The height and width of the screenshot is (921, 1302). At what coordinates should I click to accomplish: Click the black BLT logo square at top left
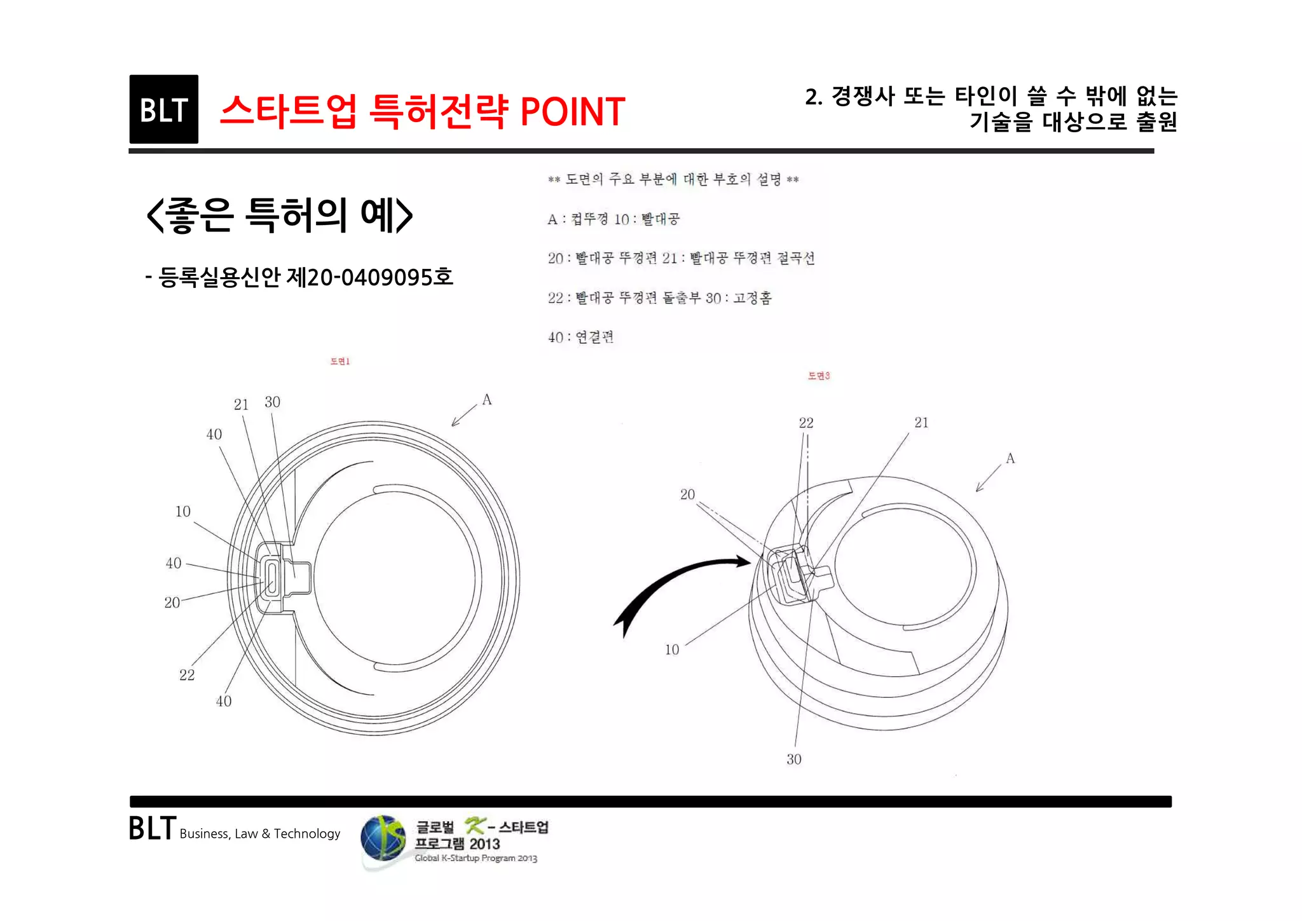pos(163,109)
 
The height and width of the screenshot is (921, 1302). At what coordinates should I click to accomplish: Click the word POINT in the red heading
pos(572,112)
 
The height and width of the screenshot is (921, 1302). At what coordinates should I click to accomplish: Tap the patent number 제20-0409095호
pos(369,277)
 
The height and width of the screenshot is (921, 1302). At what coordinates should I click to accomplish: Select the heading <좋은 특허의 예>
pos(279,215)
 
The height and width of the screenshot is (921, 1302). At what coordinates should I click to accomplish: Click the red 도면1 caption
pos(339,361)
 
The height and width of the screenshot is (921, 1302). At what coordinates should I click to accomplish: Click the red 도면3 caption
pos(818,376)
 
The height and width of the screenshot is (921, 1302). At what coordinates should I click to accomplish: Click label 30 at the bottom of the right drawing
pos(793,759)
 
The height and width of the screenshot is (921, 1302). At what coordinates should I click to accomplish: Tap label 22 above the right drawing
pos(805,423)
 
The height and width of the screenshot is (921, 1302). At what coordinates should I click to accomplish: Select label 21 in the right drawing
pos(921,423)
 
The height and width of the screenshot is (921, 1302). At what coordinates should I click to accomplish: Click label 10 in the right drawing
pos(672,650)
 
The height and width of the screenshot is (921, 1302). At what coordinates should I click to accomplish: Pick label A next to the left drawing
pos(486,400)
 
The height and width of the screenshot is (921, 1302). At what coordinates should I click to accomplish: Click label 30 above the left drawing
pos(272,402)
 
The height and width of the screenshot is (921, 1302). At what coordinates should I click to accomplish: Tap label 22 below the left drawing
pos(186,675)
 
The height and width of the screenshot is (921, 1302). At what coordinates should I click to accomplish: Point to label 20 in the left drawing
pos(172,603)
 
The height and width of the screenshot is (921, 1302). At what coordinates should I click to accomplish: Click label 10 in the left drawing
pos(182,512)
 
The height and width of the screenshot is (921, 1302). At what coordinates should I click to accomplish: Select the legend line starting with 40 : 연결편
pos(580,337)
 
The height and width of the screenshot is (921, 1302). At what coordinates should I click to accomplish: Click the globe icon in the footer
pos(382,839)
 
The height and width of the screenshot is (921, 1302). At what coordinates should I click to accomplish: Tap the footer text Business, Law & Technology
pos(259,833)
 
